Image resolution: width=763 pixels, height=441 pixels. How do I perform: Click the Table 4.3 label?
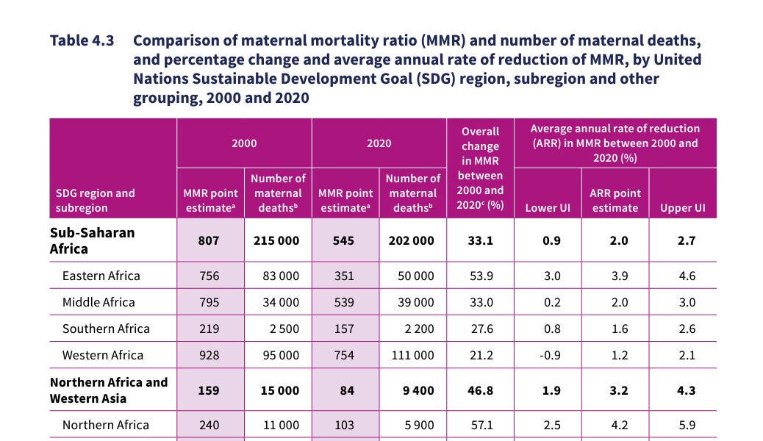click(82, 40)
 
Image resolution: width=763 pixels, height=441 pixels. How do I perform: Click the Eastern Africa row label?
click(101, 276)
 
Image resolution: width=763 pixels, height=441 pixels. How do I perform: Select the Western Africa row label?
click(103, 355)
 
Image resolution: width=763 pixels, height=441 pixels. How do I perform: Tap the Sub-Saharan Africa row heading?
click(93, 240)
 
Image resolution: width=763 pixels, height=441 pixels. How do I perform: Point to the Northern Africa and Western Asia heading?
click(109, 390)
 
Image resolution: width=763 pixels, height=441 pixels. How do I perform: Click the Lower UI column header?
click(548, 208)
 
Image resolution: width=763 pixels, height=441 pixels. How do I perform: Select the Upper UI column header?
click(683, 208)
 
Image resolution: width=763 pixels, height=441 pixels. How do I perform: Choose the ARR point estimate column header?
click(615, 201)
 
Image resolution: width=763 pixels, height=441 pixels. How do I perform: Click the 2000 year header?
click(244, 143)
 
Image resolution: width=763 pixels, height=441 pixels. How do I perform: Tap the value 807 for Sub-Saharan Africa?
click(209, 241)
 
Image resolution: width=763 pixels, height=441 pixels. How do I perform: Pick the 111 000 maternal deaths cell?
click(412, 355)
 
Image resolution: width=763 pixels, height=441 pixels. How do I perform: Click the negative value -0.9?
click(550, 355)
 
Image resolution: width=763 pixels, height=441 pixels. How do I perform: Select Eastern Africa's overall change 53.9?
click(481, 276)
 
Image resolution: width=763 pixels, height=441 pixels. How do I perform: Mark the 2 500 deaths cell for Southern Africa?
click(284, 329)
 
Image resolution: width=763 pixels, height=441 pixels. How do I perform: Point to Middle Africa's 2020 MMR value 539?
click(344, 302)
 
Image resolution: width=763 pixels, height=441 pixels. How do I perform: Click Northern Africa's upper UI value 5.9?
click(687, 426)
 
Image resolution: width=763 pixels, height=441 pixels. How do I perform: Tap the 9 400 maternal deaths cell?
click(418, 390)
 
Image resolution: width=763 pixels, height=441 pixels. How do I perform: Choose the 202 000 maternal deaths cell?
click(411, 241)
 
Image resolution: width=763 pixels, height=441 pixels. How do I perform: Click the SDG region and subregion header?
click(96, 201)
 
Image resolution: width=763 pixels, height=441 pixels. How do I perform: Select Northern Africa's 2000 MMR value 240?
click(209, 426)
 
